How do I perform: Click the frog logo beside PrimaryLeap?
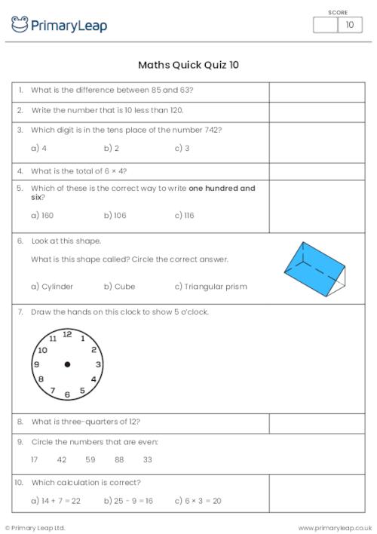pyautogui.click(x=20, y=25)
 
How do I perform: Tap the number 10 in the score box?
pyautogui.click(x=349, y=25)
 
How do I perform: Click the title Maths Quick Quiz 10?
pyautogui.click(x=188, y=65)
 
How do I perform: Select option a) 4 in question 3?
pyautogui.click(x=38, y=149)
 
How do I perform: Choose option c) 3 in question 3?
pyautogui.click(x=182, y=149)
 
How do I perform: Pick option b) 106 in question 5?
pyautogui.click(x=115, y=215)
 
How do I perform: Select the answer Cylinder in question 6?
pyautogui.click(x=52, y=287)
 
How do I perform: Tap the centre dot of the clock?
pyautogui.click(x=67, y=364)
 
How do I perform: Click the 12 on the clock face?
pyautogui.click(x=67, y=333)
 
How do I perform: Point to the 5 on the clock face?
pyautogui.click(x=82, y=391)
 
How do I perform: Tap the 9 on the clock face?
pyautogui.click(x=36, y=364)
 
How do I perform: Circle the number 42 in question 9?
pyautogui.click(x=62, y=459)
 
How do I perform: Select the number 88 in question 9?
pyautogui.click(x=119, y=459)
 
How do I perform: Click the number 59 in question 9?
pyautogui.click(x=90, y=459)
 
